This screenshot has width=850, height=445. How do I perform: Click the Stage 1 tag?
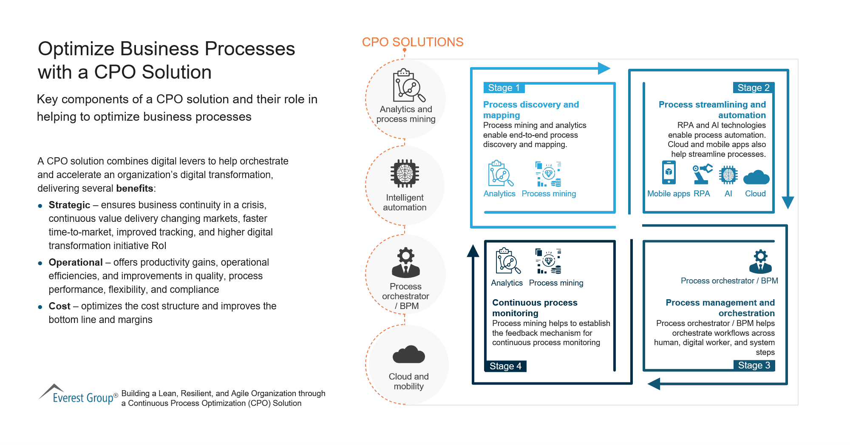point(504,88)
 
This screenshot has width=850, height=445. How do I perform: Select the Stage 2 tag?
point(753,88)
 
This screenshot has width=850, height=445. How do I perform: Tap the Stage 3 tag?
point(754,366)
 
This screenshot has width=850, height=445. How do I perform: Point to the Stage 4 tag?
point(505,366)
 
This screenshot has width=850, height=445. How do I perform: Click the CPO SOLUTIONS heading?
point(412,42)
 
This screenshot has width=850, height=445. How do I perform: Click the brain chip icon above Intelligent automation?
point(405,173)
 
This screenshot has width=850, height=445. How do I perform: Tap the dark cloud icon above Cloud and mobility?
point(408,355)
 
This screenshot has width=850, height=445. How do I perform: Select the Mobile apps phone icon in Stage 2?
point(669,173)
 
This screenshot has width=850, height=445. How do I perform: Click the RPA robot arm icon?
point(702,174)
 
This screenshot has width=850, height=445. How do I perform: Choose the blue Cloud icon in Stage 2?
point(756,177)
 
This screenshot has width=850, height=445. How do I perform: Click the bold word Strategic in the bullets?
point(69,205)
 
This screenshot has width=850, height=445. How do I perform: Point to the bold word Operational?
point(76,262)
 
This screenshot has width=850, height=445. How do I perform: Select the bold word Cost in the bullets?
point(59,306)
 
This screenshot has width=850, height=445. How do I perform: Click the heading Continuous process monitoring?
point(535,308)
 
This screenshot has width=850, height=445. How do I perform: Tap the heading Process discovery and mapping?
point(531,110)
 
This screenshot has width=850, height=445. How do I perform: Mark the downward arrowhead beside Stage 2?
point(788,202)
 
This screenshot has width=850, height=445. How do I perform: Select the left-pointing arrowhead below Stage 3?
point(654,384)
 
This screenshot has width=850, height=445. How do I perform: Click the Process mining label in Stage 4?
point(556,283)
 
